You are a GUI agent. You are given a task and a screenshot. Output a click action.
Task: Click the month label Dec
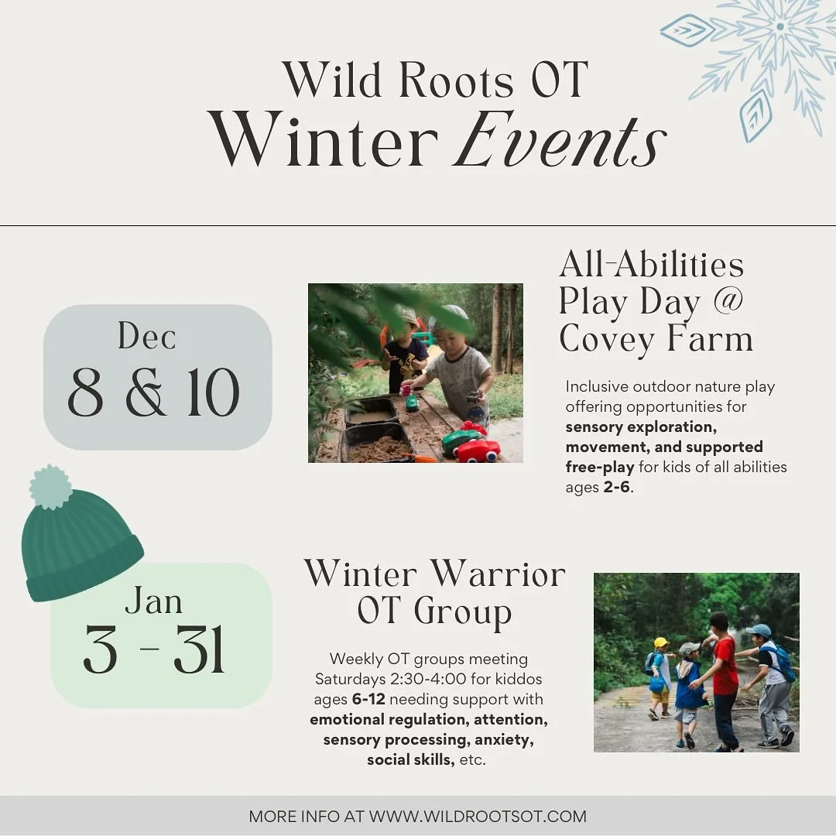[x=147, y=337]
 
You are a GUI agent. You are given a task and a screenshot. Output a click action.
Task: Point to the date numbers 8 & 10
[x=153, y=394]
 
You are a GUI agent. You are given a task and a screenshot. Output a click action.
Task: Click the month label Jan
[x=153, y=601]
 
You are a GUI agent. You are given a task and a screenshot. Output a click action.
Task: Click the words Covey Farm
[x=656, y=339]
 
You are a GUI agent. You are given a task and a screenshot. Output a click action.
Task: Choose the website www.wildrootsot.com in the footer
[x=478, y=816]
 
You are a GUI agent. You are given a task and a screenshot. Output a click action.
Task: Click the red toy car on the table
[x=476, y=450]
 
